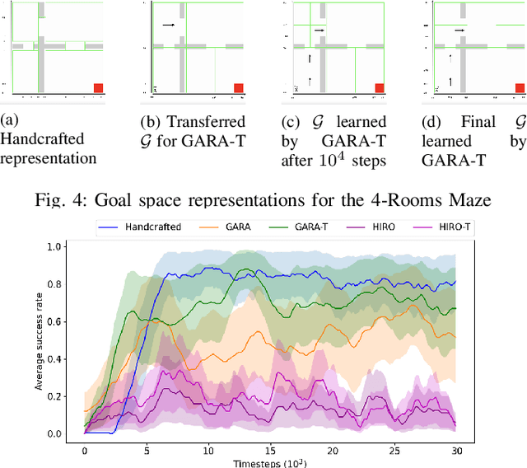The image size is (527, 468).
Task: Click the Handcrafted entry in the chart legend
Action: pos(144,224)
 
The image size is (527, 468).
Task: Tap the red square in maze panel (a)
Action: pos(98,88)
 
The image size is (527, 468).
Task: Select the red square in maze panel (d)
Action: pos(520,88)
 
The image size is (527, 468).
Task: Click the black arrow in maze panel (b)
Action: pos(169,25)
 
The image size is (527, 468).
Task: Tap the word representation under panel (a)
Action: pos(49,158)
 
